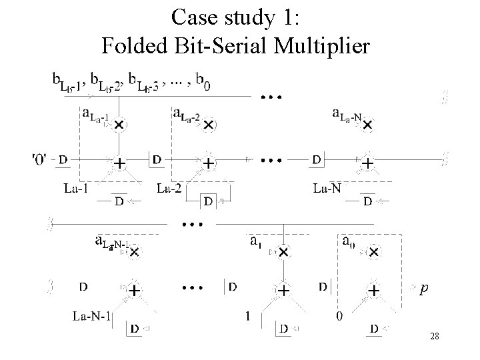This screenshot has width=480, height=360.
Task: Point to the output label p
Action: [425, 289]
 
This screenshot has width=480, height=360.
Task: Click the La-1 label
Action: [77, 188]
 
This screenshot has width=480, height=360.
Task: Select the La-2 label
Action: [170, 188]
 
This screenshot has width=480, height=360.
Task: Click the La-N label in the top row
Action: [327, 188]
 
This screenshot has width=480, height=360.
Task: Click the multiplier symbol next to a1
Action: [284, 252]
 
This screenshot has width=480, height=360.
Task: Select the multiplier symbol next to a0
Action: [375, 252]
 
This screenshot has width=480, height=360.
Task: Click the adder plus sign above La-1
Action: [119, 162]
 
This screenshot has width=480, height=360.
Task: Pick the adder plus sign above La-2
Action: [209, 162]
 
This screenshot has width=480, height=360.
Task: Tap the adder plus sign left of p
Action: [374, 291]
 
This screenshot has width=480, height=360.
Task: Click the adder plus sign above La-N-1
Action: [134, 291]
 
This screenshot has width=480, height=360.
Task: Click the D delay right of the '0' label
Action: [63, 160]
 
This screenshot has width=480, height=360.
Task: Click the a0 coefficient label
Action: [348, 243]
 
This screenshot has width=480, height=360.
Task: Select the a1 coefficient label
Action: [255, 243]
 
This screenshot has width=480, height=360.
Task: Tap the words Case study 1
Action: [239, 16]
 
